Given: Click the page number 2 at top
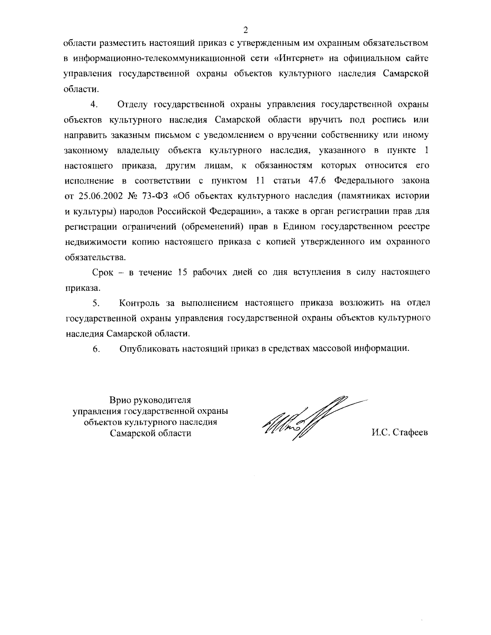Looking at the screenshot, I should click(x=245, y=29).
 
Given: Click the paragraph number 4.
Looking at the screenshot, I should click(x=94, y=104).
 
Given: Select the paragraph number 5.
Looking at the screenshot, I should click(x=97, y=303).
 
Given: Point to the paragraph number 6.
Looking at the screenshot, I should click(x=97, y=349).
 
